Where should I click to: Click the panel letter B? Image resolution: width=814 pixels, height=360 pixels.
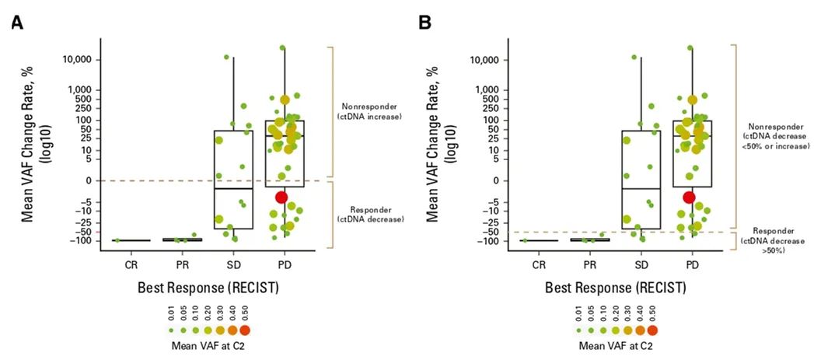point(425,23)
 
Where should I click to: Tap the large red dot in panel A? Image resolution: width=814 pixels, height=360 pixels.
point(281,197)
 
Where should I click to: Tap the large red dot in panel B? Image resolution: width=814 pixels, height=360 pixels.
point(689,197)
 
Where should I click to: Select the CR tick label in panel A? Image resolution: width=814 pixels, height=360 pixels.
point(117,265)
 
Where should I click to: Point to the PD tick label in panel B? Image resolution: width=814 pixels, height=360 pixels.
point(692,265)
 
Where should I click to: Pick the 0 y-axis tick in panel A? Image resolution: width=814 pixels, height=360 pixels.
point(88,180)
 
